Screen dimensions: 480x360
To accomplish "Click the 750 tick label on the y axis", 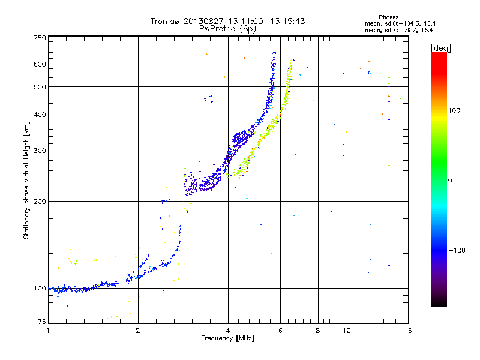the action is pos(40,38).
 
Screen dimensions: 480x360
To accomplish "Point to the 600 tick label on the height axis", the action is pos(40,64).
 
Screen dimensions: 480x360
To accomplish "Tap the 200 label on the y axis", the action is pos(40,202).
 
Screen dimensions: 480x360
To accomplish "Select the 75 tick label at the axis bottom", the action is pos(42,322).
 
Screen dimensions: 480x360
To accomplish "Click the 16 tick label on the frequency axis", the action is pos(408,331).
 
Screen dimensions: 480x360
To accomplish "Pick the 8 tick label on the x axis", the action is pos(318,331).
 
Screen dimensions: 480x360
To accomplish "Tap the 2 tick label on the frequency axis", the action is pos(138,331).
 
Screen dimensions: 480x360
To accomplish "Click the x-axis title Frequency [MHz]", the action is pos(227,338).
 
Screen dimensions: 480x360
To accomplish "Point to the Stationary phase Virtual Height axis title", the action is pos(26,180).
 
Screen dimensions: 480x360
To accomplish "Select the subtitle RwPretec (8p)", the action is pos(227,29).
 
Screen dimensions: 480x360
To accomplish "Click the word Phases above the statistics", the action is pos(388,17).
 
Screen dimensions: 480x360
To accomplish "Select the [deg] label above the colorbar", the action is pos(440,48).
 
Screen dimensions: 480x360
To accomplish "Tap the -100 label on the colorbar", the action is pos(457,250).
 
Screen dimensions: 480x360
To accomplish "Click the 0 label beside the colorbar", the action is pos(449,181).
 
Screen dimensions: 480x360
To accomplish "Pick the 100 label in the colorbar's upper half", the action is pos(454,110).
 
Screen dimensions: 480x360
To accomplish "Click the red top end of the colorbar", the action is pos(439,54).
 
